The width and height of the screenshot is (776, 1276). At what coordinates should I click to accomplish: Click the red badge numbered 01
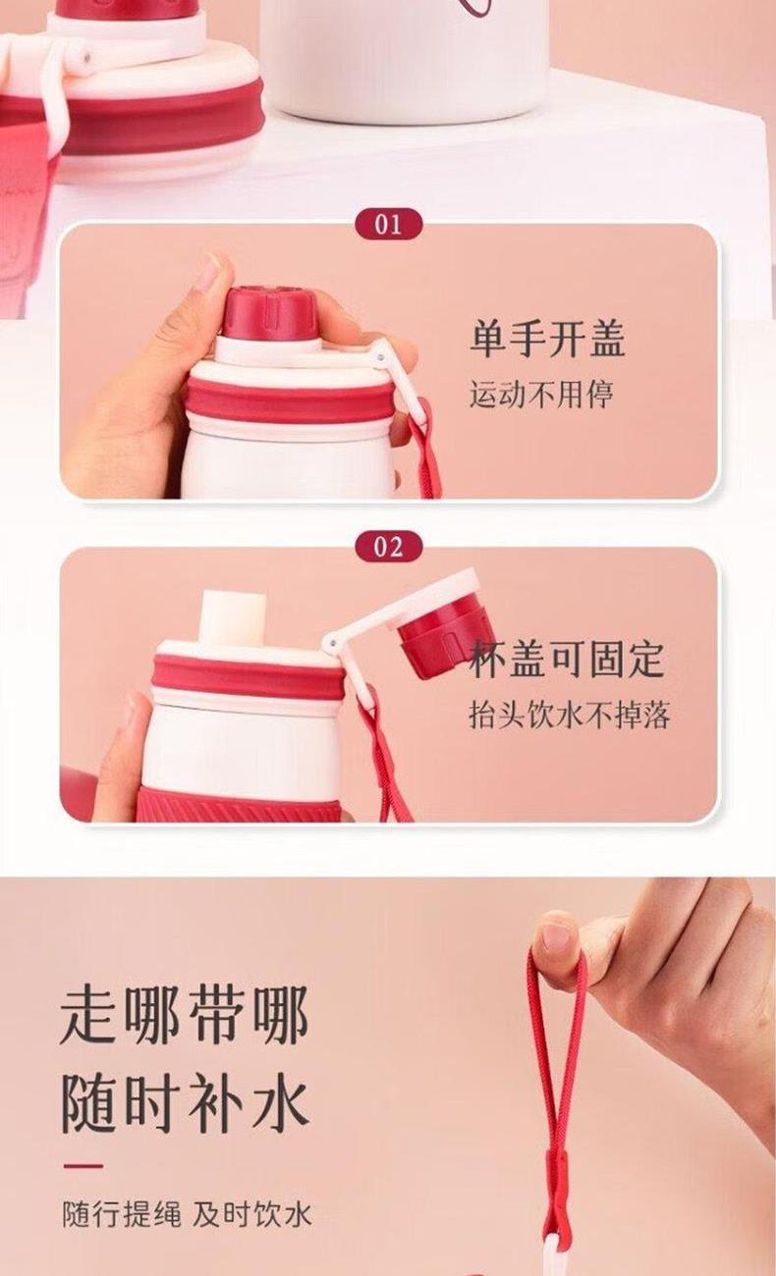pos(389,225)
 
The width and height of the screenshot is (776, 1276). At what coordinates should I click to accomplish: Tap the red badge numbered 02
pos(389,548)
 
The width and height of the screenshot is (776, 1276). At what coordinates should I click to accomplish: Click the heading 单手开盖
pos(548,340)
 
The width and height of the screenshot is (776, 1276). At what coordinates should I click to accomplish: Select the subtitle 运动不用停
pos(541,394)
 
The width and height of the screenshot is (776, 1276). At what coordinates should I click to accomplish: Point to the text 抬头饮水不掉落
pos(569,715)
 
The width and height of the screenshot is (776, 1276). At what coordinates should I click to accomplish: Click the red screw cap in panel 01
pos(270,313)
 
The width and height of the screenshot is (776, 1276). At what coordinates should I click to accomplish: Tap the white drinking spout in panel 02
pos(233,618)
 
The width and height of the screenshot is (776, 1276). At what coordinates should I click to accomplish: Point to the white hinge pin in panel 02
pos(330,644)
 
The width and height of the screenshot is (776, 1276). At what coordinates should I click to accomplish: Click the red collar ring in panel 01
pos(291,400)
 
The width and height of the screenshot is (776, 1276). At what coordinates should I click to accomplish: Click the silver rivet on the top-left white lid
pos(86,57)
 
